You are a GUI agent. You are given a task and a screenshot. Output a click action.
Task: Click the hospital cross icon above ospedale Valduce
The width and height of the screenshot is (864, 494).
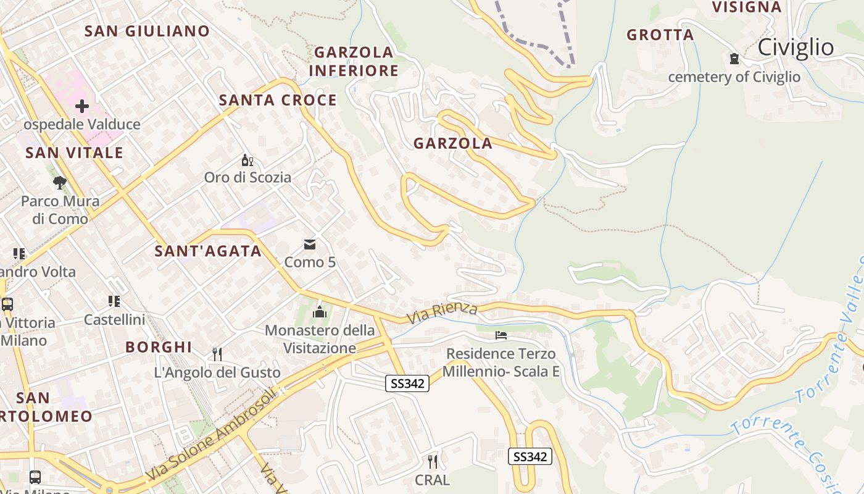click(x=81, y=106)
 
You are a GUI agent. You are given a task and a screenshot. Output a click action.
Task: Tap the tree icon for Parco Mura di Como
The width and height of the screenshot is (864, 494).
click(x=60, y=182)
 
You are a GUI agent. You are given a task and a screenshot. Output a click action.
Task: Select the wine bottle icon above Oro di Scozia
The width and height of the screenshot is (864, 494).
click(x=247, y=161)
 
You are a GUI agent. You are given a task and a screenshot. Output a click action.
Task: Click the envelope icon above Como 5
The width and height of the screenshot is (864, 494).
click(x=310, y=245)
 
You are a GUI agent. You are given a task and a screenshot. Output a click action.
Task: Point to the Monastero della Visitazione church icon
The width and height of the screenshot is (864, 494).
click(x=320, y=312)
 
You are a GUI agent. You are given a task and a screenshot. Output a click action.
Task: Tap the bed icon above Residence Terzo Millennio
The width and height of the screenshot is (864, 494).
click(x=501, y=335)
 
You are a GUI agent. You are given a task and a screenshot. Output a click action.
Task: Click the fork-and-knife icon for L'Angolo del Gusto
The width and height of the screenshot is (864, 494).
click(x=217, y=354)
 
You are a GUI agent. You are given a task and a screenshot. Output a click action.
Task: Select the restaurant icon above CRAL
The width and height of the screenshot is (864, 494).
click(x=433, y=461)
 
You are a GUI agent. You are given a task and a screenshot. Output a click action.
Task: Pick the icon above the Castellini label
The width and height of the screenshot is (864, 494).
click(x=114, y=301)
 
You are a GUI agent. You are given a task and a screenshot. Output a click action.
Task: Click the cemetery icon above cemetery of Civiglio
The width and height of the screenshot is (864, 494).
click(x=734, y=59)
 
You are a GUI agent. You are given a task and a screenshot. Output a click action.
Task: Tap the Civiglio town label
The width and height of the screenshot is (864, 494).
click(x=795, y=47)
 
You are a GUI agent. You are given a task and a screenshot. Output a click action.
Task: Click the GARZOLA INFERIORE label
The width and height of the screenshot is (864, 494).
click(x=354, y=61)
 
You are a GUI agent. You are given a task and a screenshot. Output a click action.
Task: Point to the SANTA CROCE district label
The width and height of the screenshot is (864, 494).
click(x=278, y=100)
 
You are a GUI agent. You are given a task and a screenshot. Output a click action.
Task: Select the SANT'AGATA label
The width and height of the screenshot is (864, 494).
click(x=208, y=251)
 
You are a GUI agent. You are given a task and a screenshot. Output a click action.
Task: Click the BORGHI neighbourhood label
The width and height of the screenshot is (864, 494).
click(x=159, y=347)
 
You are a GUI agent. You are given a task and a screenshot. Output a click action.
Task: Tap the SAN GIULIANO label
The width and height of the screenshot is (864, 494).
click(x=147, y=31)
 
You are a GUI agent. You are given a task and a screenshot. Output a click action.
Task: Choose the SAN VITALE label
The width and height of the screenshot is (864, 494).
click(x=74, y=153)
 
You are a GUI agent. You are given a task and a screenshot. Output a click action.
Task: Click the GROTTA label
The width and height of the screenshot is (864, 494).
click(x=660, y=35)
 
